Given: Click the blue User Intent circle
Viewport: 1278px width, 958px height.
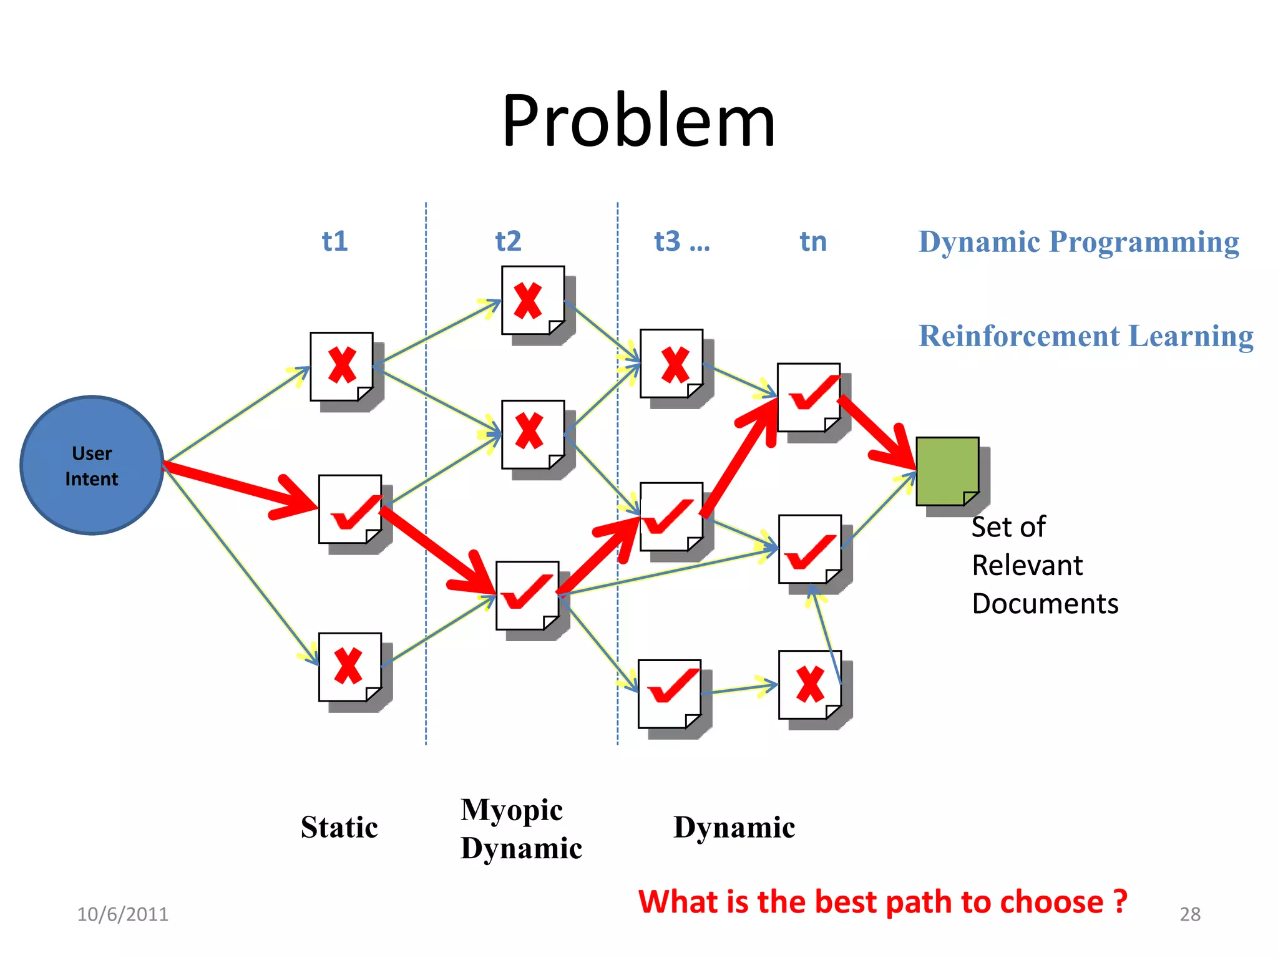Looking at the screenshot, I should coord(92,465).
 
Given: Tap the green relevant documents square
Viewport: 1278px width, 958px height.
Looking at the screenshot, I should coord(947,471).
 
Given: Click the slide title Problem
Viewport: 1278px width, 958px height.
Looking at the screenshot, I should coord(638,120).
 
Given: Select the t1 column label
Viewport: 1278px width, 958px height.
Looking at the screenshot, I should coord(334,241).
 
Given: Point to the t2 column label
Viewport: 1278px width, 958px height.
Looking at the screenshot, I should coord(508,241).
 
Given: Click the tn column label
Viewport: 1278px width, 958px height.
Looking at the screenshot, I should coord(813,241).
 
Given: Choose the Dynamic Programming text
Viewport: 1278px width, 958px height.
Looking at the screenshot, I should coord(1078,242).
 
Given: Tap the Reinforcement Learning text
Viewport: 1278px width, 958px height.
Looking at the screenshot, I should coord(1086,336).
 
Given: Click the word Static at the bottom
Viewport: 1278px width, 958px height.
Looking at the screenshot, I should coord(339,828).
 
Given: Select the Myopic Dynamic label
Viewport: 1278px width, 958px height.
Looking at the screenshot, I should coord(520,829).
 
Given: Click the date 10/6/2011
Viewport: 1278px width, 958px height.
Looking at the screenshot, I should coord(122,914).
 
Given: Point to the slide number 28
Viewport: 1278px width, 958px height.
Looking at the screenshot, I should coord(1190,914).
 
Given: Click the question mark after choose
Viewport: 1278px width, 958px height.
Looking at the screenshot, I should coord(1120,901).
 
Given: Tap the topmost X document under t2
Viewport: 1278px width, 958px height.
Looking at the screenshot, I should coord(532,301).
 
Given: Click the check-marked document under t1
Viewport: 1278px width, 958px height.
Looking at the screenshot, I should coord(349,509).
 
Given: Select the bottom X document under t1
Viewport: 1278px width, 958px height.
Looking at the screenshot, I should coord(349,667).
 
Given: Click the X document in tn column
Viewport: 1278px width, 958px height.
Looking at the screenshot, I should coord(809,684).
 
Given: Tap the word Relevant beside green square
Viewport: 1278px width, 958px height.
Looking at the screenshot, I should coord(1027,566).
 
